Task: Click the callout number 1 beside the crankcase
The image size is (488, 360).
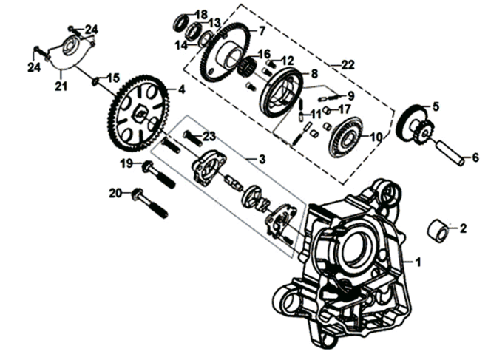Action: click(x=418, y=262)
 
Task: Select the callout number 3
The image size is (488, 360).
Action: click(x=260, y=158)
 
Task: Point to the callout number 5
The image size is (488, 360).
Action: click(x=436, y=106)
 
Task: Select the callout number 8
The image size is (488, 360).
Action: click(x=314, y=74)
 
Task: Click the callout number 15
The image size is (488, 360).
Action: click(x=113, y=78)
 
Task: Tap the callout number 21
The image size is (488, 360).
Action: click(x=59, y=87)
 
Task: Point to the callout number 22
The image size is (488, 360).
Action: click(x=347, y=65)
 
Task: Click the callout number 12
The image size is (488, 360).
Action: click(x=288, y=60)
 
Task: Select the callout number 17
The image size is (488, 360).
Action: click(x=344, y=109)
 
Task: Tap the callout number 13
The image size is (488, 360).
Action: click(x=214, y=23)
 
